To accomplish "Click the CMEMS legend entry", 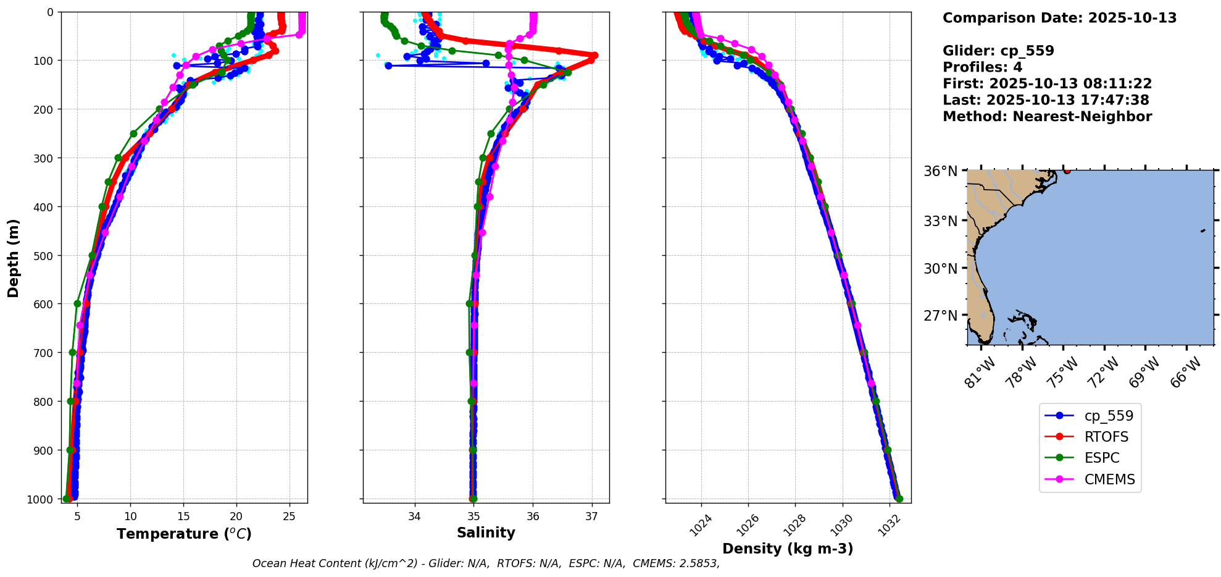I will point(1109,479).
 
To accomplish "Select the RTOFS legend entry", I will point(1106,437).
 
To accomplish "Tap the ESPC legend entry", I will point(1101,458).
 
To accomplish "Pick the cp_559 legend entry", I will point(1109,416).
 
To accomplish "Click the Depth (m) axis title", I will point(14,258).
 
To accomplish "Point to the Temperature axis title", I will point(184,534).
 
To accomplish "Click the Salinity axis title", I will point(486,533).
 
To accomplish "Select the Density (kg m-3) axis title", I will point(788,549).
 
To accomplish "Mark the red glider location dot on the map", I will point(1067,171).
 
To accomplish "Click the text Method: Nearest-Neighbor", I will point(1047,117).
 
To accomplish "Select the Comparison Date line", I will point(1059,18).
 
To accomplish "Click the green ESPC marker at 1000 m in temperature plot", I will point(67,499).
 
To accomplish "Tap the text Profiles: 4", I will point(982,67).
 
